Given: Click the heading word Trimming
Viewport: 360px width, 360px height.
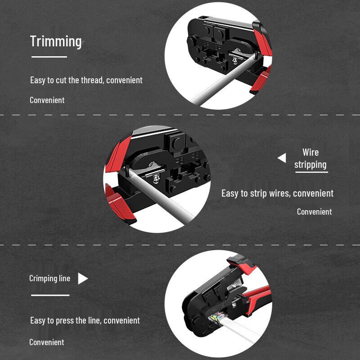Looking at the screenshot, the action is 56,41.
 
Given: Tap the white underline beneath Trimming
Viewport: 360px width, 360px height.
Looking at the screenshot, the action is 49,57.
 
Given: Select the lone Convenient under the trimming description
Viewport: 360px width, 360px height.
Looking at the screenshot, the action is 47,100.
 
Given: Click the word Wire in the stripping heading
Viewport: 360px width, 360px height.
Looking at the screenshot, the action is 310,152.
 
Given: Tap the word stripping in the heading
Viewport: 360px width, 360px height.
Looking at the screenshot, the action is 310,165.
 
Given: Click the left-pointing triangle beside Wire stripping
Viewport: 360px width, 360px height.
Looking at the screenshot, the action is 282,158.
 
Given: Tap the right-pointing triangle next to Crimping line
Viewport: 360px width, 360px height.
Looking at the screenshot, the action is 82,279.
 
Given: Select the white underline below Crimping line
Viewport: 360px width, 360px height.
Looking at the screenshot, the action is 50,295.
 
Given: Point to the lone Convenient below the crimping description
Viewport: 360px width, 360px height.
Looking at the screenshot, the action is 47,342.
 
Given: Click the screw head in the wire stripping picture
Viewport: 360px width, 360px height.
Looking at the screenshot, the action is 156,178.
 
